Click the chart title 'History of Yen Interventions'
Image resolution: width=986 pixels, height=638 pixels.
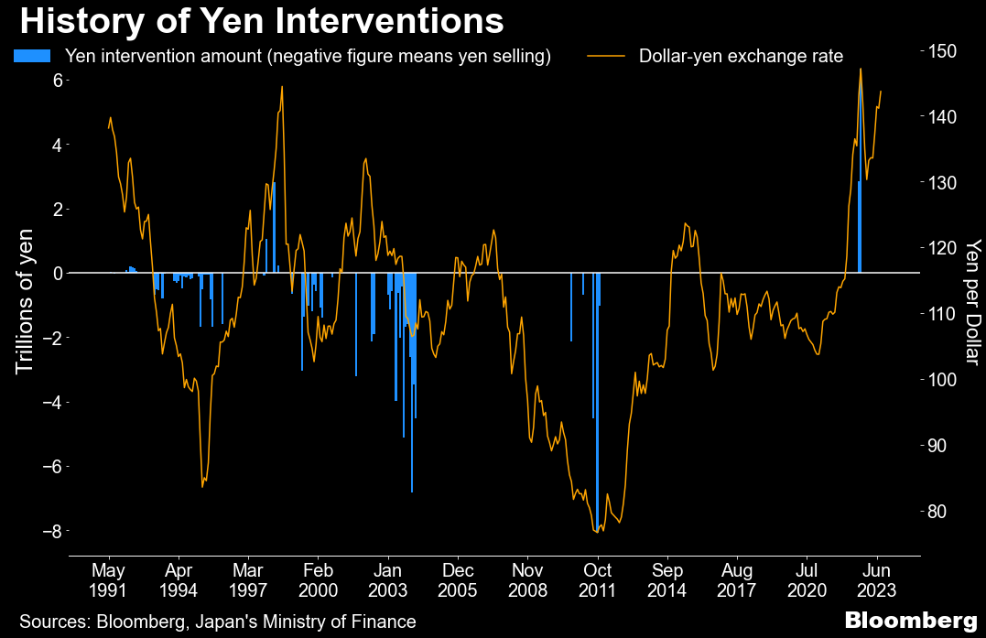tap(261, 20)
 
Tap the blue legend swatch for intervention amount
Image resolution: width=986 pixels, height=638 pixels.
tap(32, 56)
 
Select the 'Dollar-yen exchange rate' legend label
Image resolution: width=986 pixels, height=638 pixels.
tap(741, 56)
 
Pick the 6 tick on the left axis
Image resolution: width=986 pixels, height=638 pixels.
tap(57, 81)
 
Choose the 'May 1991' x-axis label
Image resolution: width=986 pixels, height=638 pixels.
tap(109, 575)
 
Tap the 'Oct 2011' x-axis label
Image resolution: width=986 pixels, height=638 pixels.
tap(598, 575)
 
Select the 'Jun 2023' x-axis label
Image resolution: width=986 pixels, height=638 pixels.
tap(877, 575)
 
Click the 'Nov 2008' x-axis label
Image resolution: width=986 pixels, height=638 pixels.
tap(528, 575)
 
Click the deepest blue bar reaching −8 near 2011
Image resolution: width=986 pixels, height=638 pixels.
tap(596, 403)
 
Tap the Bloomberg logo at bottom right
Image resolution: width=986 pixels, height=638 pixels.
tap(910, 621)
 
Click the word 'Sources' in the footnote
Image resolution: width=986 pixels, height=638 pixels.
tap(51, 621)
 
